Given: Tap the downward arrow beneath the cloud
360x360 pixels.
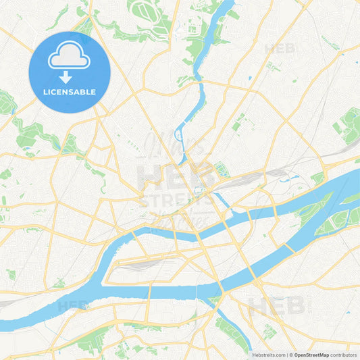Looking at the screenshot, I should click(70, 76).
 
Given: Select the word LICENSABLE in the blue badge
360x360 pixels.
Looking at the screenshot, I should click(70, 92).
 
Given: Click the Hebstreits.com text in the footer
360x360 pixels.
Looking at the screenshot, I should click(269, 355).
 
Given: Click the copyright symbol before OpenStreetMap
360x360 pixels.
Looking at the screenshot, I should click(292, 355).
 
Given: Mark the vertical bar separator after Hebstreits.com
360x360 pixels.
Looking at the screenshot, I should click(287, 355).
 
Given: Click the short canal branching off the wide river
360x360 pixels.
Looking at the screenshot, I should click(220, 199).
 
